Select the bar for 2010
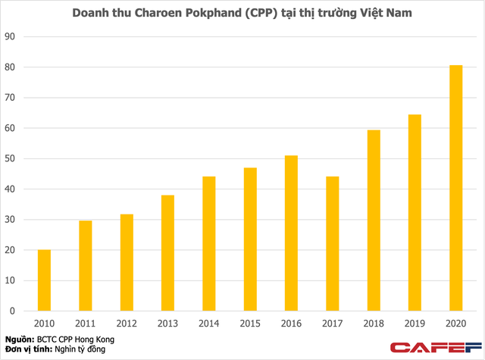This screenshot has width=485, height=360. pyautogui.click(x=45, y=280)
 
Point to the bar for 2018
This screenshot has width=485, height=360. pyautogui.click(x=373, y=221)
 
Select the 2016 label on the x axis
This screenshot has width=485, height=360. pyautogui.click(x=291, y=323)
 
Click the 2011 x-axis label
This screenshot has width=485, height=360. pyautogui.click(x=86, y=323)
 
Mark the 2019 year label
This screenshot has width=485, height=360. pyautogui.click(x=415, y=323)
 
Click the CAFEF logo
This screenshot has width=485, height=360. pyautogui.click(x=433, y=347)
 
